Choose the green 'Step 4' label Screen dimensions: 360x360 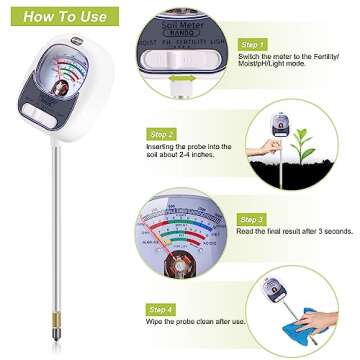[163, 309]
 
